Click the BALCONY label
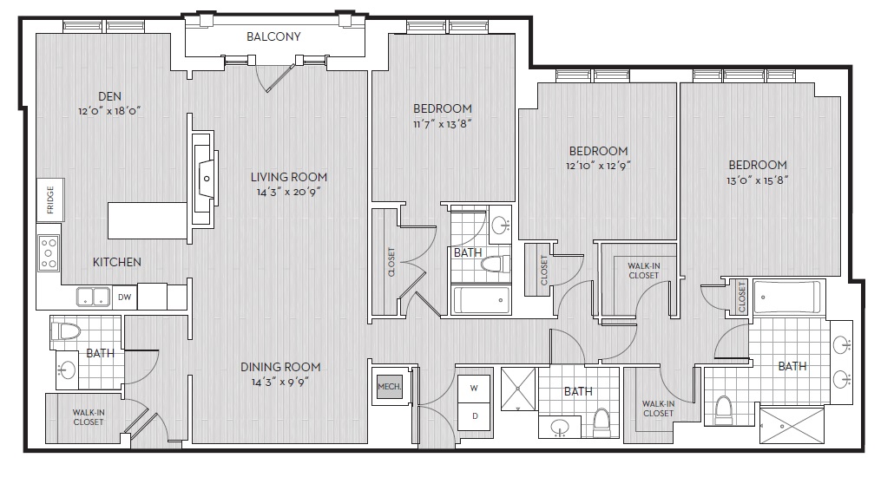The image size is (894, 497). pyautogui.click(x=273, y=36)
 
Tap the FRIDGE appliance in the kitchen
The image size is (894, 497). pyautogui.click(x=50, y=199)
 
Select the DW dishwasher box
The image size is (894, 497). pyautogui.click(x=124, y=297)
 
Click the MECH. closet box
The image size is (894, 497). pyautogui.click(x=390, y=387)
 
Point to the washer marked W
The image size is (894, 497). pyautogui.click(x=474, y=388)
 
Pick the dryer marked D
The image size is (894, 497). pyautogui.click(x=474, y=416)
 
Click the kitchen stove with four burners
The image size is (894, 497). pyautogui.click(x=49, y=252)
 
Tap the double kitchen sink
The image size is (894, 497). pyautogui.click(x=94, y=297)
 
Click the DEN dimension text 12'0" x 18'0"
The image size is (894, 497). pyautogui.click(x=109, y=111)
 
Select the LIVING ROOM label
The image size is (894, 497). pyautogui.click(x=288, y=177)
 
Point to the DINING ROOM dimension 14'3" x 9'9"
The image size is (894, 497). pyautogui.click(x=280, y=382)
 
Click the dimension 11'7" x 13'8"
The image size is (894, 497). pyautogui.click(x=443, y=124)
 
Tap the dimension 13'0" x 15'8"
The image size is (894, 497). pyautogui.click(x=757, y=180)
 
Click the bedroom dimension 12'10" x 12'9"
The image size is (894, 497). pyautogui.click(x=598, y=166)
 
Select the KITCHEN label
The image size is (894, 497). pyautogui.click(x=117, y=262)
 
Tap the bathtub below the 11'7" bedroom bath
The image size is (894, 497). pyautogui.click(x=481, y=300)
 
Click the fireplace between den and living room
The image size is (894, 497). pyautogui.click(x=204, y=179)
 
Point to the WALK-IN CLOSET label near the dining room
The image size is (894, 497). pyautogui.click(x=89, y=417)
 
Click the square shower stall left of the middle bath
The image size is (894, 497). pyautogui.click(x=518, y=389)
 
